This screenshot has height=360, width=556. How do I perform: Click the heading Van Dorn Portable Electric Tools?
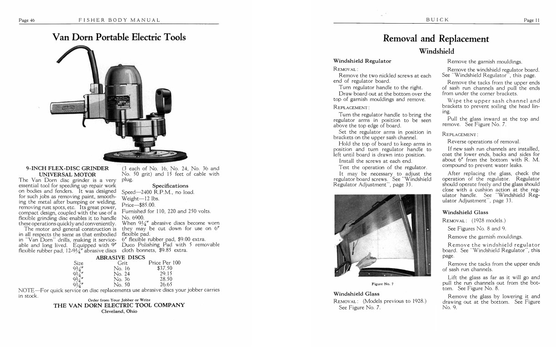[119, 37]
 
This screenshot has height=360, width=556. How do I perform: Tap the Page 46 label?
[27, 20]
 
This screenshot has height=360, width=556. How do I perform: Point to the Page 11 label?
[531, 20]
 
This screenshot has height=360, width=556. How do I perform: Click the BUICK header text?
[437, 20]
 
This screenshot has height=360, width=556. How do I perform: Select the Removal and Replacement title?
[436, 39]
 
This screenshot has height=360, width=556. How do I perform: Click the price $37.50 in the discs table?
[164, 268]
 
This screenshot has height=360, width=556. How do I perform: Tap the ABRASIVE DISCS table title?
[120, 258]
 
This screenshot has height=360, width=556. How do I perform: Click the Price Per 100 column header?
[164, 263]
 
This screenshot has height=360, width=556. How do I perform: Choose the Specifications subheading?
[170, 185]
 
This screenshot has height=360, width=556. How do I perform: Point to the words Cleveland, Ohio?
[119, 311]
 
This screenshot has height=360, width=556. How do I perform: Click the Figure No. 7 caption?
[382, 284]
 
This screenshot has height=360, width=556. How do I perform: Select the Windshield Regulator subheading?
[362, 61]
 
